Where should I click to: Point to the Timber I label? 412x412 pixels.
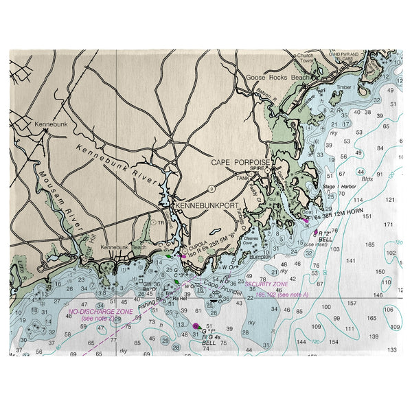[345, 87]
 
